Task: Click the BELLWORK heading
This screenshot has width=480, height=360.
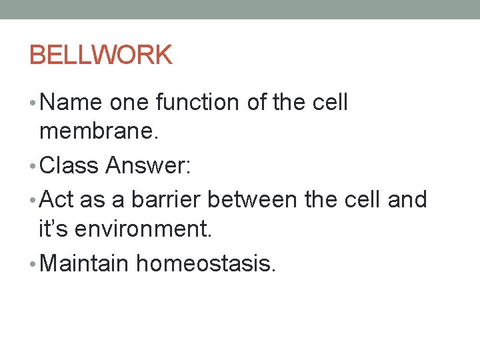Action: click(101, 55)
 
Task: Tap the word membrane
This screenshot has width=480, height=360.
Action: click(99, 133)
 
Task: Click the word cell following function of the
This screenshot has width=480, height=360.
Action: click(331, 103)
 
